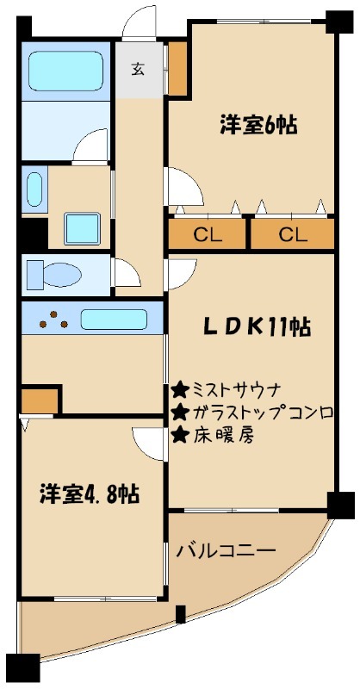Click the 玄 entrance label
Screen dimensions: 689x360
pyautogui.click(x=138, y=71)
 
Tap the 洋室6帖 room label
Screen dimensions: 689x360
pyautogui.click(x=258, y=125)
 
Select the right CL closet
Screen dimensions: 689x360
pyautogui.click(x=292, y=233)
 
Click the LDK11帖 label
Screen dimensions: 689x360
pyautogui.click(x=257, y=328)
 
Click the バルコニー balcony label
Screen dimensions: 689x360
pyautogui.click(x=226, y=549)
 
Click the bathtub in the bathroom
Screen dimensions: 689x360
pyautogui.click(x=65, y=71)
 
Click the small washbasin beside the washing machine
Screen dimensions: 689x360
pyautogui.click(x=34, y=189)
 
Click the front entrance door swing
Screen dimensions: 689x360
pyautogui.click(x=141, y=24)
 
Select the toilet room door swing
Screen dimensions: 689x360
pyautogui.click(x=126, y=274)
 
